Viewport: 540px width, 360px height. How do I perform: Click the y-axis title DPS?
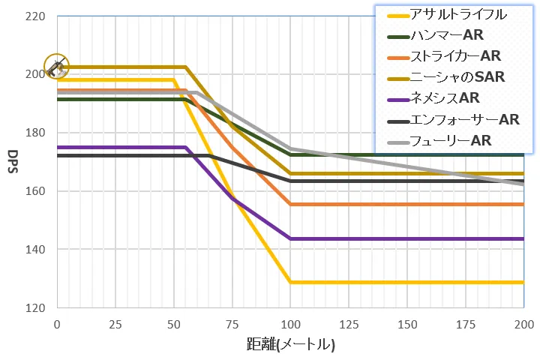point(13,161)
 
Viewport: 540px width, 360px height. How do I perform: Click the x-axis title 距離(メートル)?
point(290,345)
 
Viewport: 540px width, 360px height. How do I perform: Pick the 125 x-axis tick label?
point(348,323)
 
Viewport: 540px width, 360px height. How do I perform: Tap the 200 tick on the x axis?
point(523,323)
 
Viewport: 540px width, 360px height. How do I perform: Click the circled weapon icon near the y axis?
point(55,67)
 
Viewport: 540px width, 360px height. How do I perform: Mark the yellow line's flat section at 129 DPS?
point(405,282)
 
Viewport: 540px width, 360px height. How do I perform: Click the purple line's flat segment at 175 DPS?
point(120,147)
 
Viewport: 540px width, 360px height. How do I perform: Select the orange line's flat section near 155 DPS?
point(405,204)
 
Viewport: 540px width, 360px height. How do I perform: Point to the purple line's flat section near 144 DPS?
point(405,238)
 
